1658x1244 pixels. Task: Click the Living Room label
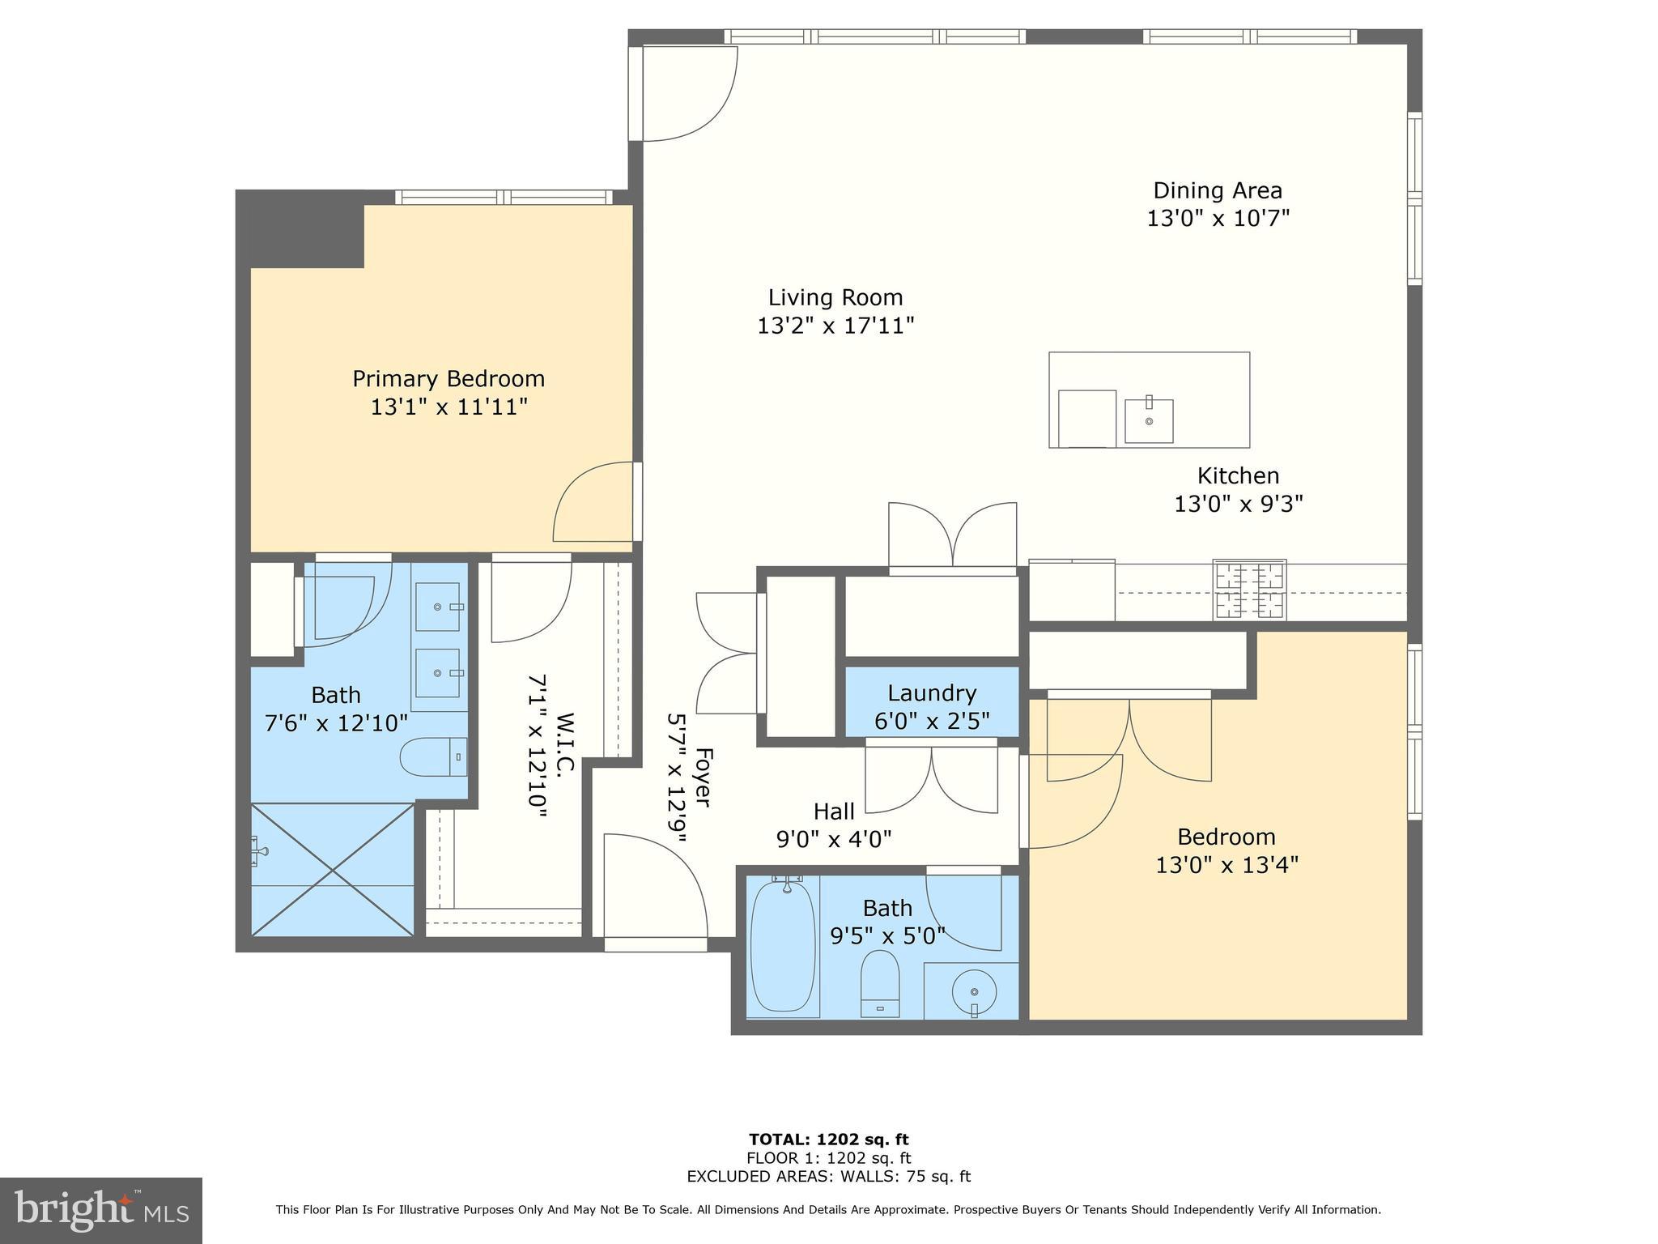click(x=835, y=297)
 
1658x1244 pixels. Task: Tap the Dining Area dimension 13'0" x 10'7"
click(x=1217, y=219)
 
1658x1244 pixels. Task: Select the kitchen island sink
click(x=1148, y=421)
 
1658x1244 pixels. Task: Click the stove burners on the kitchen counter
click(x=1249, y=590)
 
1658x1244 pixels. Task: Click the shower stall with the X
click(x=333, y=869)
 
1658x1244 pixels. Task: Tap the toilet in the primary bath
click(x=433, y=756)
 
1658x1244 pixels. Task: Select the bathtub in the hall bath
click(x=782, y=944)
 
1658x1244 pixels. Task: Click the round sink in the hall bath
click(x=973, y=992)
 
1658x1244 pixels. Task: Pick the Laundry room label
click(x=932, y=693)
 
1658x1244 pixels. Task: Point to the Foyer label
click(x=702, y=777)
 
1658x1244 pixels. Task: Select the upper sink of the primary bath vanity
click(x=437, y=607)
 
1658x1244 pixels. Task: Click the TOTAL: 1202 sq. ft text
click(x=828, y=1140)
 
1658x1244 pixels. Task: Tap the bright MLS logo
click(x=101, y=1210)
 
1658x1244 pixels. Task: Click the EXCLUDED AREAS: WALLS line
click(x=828, y=1177)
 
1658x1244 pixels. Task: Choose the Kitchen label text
click(x=1238, y=475)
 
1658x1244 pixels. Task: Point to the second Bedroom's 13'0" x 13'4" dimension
click(x=1226, y=865)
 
